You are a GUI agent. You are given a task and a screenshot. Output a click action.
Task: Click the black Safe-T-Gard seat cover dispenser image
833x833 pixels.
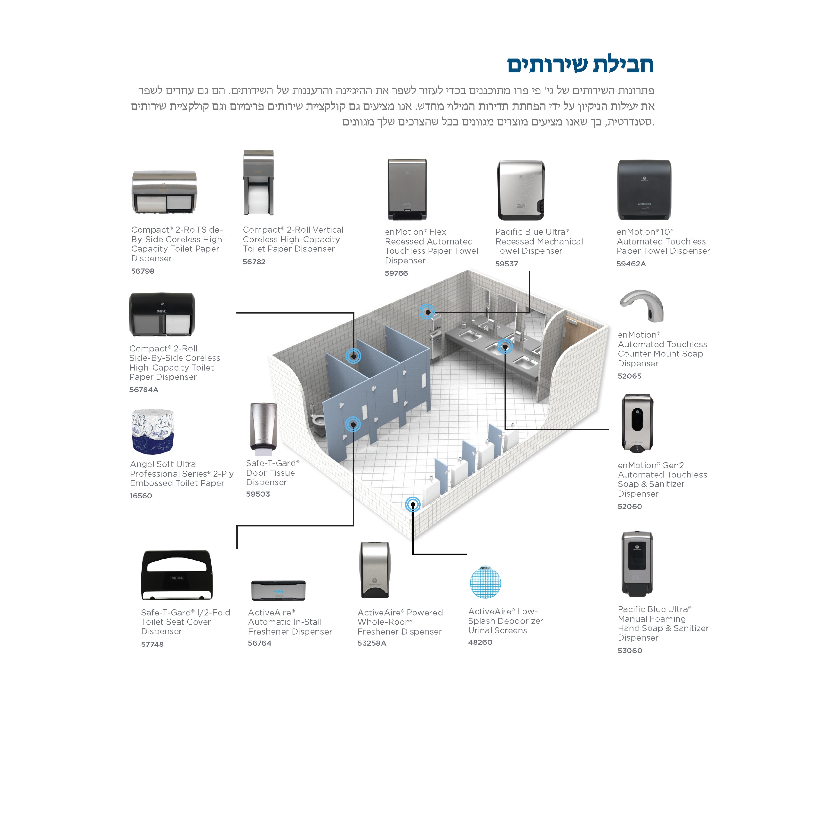click(x=177, y=575)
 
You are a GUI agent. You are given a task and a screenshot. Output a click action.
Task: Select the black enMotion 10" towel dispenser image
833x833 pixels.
click(x=644, y=190)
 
